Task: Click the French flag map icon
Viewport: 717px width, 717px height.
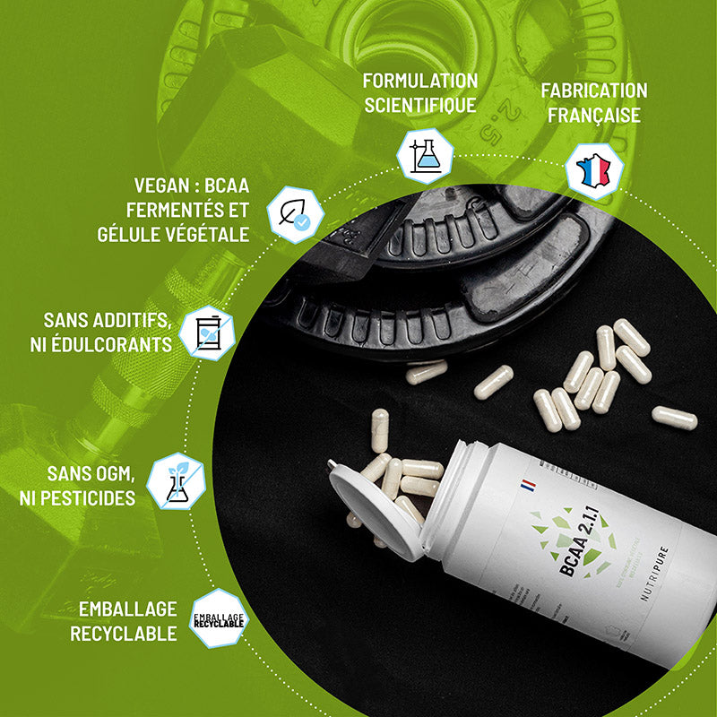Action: click(593, 170)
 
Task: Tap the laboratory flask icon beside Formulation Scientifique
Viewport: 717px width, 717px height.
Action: click(425, 155)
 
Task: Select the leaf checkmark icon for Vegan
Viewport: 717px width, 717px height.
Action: click(295, 214)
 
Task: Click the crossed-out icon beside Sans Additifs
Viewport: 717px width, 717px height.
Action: click(207, 333)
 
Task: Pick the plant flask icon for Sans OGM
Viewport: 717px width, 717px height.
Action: click(176, 481)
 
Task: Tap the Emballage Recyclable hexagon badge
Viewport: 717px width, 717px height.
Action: click(218, 618)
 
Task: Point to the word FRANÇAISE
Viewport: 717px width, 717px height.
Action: click(593, 115)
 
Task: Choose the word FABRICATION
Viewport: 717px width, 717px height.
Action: click(593, 91)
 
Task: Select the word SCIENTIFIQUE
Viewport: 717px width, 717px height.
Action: click(419, 105)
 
